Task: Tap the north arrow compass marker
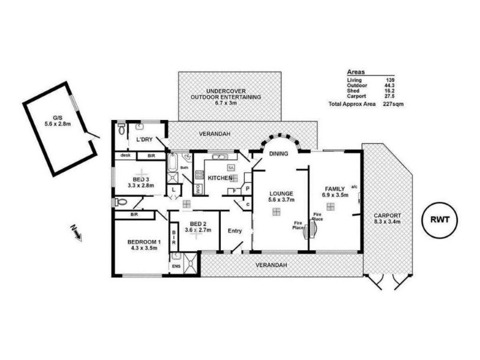[x=75, y=231]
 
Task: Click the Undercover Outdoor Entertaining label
[x=225, y=96]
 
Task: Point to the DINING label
[x=278, y=154]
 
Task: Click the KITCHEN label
[x=220, y=178]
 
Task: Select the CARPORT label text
[x=387, y=215]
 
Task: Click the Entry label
[x=235, y=230]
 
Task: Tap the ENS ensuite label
[x=176, y=265]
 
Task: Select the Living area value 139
[x=389, y=80]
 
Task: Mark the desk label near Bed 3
[x=125, y=155]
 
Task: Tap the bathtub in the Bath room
[x=173, y=162]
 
